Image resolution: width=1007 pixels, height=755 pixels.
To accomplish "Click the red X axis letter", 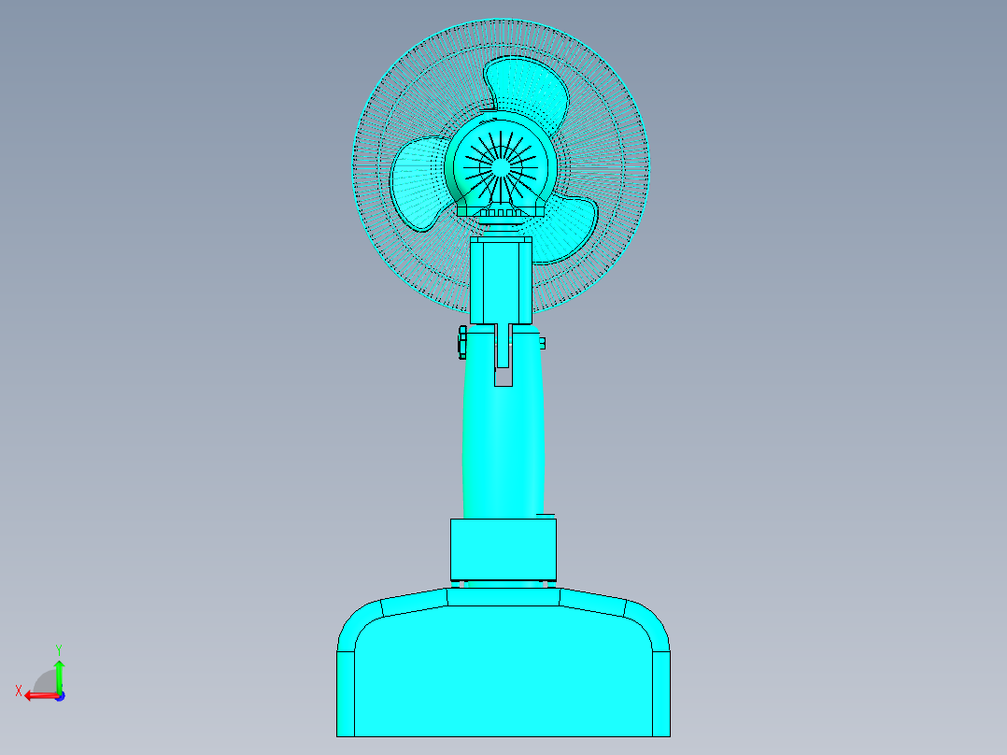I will (18, 691).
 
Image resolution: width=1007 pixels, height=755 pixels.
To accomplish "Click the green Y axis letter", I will (58, 648).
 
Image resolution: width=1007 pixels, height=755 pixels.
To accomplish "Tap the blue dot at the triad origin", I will (59, 696).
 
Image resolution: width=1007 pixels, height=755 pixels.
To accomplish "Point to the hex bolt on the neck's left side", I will (461, 342).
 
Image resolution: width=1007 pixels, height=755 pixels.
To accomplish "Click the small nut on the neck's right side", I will (542, 343).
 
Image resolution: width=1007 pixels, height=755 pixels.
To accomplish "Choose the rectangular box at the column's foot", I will (503, 548).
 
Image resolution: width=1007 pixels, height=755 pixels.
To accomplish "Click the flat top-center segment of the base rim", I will (503, 596).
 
